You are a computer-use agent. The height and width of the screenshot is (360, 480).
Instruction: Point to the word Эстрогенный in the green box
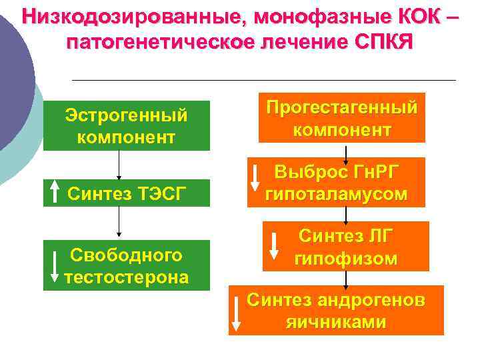(126, 115)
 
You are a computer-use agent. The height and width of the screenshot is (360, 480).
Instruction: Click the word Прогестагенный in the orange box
(342, 107)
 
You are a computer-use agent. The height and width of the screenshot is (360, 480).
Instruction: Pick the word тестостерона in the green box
(127, 277)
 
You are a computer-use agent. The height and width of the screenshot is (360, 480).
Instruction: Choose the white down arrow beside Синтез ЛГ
(273, 247)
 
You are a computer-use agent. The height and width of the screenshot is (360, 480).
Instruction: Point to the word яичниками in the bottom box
(335, 321)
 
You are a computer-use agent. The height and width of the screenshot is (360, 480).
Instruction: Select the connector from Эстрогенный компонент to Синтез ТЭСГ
(119, 164)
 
